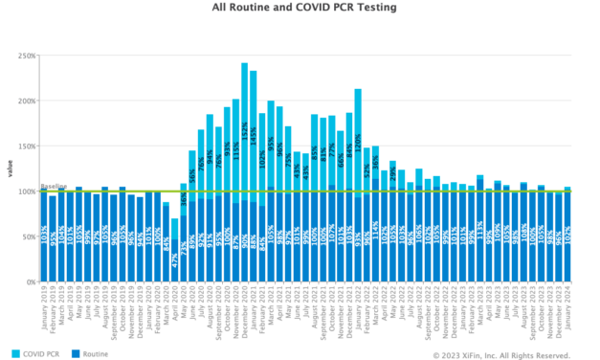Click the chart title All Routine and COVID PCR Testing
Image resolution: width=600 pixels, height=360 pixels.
pyautogui.click(x=300, y=7)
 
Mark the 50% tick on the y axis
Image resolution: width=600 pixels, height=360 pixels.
pyautogui.click(x=26, y=236)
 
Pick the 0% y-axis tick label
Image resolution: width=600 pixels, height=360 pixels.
pyautogui.click(x=28, y=282)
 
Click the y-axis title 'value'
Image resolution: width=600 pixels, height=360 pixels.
pyautogui.click(x=11, y=169)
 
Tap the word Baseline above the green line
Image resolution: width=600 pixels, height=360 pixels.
pyautogui.click(x=53, y=187)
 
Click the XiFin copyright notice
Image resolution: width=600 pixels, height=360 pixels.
pyautogui.click(x=501, y=355)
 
